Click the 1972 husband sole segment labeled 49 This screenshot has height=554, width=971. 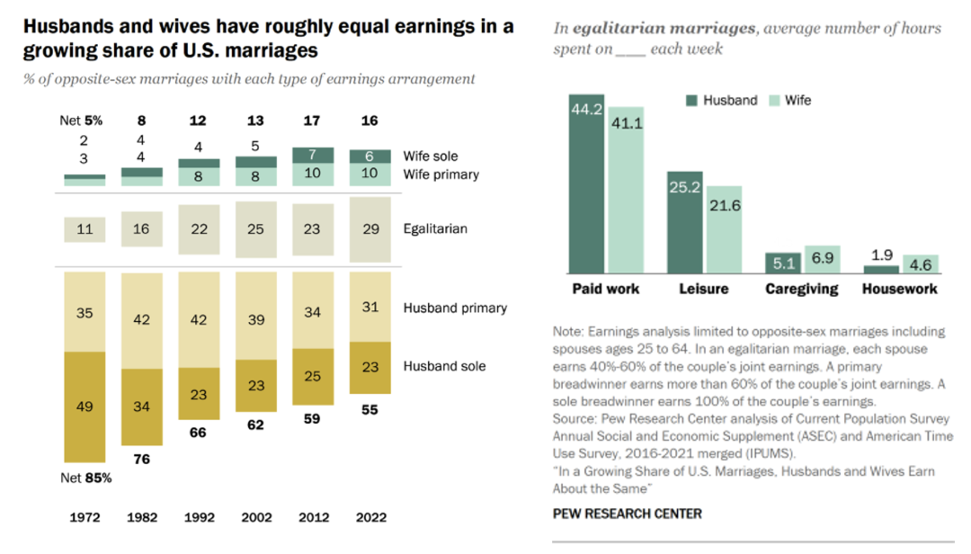click(x=85, y=407)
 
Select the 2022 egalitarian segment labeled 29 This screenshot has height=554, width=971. click(x=370, y=229)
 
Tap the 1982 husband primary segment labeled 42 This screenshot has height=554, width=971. click(x=141, y=318)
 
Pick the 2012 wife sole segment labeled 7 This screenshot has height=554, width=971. click(x=313, y=156)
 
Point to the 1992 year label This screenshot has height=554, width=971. click(x=199, y=517)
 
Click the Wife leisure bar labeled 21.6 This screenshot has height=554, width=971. click(x=724, y=230)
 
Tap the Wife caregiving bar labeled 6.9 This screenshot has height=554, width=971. click(x=822, y=260)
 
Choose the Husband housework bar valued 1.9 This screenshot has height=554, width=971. click(x=880, y=269)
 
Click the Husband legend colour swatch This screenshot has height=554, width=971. click(x=692, y=101)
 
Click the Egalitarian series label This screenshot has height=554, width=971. click(x=435, y=229)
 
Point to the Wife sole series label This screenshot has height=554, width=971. click(x=431, y=156)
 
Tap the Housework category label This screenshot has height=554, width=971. click(x=899, y=290)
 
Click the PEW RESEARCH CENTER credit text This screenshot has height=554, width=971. click(x=627, y=514)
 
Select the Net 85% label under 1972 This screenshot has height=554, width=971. click(x=87, y=478)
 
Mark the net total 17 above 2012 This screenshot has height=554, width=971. click(x=313, y=120)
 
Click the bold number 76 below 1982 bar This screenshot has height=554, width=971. click(x=141, y=460)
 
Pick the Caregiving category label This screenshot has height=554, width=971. click(x=801, y=290)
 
